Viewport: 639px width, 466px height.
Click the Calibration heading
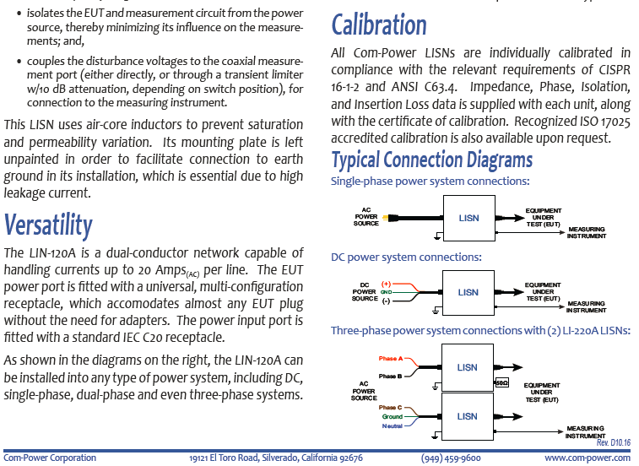click(x=379, y=24)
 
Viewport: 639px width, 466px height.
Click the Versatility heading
click(x=48, y=225)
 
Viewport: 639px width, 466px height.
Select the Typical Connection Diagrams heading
click(x=432, y=160)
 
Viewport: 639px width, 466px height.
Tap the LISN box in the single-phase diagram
click(x=469, y=218)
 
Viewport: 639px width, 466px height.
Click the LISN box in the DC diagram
click(x=468, y=292)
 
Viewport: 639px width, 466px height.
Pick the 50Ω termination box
click(x=501, y=382)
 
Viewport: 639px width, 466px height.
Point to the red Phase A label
click(x=391, y=359)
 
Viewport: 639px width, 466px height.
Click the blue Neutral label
click(x=392, y=426)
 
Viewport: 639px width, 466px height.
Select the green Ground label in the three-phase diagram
click(x=392, y=417)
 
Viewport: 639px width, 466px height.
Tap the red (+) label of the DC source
click(x=386, y=284)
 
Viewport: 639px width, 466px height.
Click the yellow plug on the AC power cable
click(x=386, y=218)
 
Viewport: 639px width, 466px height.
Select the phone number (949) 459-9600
click(x=451, y=458)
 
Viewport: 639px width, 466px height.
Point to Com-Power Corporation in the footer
click(x=50, y=458)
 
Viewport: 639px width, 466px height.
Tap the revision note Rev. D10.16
click(x=614, y=442)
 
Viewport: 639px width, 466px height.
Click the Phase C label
click(x=390, y=407)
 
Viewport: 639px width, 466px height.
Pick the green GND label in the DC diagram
click(x=386, y=292)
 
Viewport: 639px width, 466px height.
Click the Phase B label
click(x=390, y=376)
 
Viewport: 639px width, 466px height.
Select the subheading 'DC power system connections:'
click(x=406, y=257)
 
